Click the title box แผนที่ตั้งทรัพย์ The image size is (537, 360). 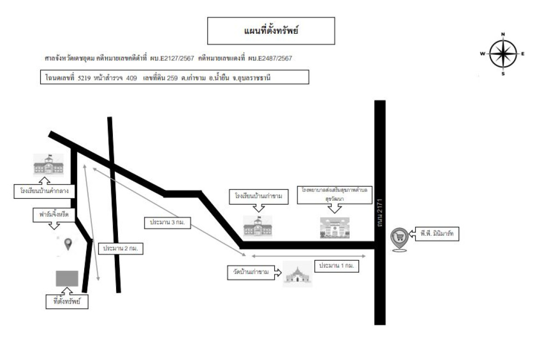(x=271, y=31)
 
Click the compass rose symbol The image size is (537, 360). (x=503, y=54)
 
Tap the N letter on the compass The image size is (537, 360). (x=503, y=34)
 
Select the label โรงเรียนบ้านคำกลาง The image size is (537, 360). (x=44, y=191)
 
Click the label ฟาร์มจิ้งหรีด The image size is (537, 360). (x=54, y=215)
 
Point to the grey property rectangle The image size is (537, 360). (x=67, y=279)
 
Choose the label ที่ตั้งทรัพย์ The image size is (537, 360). (x=67, y=302)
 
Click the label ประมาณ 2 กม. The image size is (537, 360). (x=120, y=248)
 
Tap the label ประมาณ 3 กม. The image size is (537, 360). (x=167, y=222)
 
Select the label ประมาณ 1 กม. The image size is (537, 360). (x=337, y=265)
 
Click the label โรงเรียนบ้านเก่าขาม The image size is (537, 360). (x=258, y=197)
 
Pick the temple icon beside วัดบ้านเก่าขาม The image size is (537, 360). (x=298, y=274)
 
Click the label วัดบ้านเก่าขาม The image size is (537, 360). (x=251, y=272)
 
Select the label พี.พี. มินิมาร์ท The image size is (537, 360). (x=437, y=234)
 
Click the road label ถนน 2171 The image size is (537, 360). (x=379, y=212)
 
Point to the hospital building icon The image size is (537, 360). (x=334, y=227)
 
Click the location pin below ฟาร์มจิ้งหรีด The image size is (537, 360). (x=68, y=244)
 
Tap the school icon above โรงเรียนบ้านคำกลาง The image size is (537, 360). (x=48, y=165)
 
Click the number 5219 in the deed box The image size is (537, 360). (x=84, y=78)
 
